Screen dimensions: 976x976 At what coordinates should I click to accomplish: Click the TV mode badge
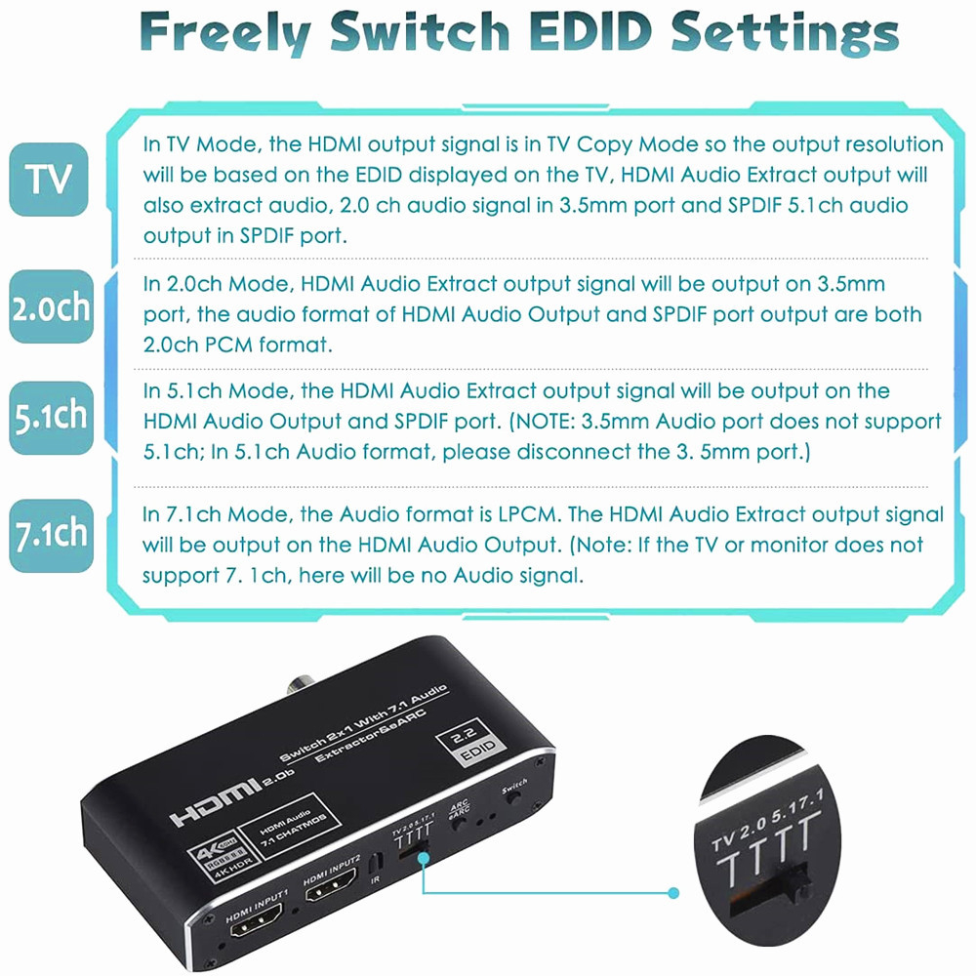(49, 180)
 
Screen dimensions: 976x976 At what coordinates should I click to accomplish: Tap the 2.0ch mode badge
(51, 306)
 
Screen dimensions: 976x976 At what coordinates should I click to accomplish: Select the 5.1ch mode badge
(51, 417)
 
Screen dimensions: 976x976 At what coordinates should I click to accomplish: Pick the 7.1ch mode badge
(51, 535)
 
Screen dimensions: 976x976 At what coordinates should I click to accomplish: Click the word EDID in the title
(590, 31)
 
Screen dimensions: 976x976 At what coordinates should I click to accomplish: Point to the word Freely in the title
(225, 33)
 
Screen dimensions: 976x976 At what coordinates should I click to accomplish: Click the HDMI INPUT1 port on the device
(256, 920)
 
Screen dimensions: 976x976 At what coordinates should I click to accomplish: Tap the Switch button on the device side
(514, 796)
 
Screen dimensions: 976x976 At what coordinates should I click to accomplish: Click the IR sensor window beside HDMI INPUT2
(374, 864)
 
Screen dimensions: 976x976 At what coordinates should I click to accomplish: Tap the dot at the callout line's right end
(672, 893)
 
